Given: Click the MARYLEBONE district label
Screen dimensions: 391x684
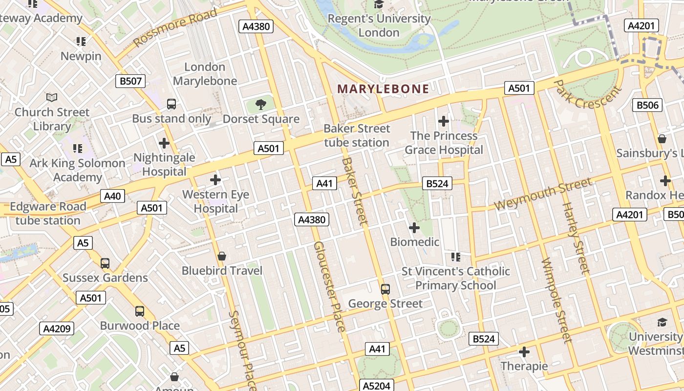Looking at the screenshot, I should [384, 89].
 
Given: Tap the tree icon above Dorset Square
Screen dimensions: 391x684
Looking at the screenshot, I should [261, 104].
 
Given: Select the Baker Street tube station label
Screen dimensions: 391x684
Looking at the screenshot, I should [357, 135].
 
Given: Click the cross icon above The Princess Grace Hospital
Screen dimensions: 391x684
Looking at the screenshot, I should [444, 121].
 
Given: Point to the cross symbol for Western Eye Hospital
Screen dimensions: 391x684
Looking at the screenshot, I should [215, 180].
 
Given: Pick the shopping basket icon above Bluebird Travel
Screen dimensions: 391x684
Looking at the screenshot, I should [222, 256].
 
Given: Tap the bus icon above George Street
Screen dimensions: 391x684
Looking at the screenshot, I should [385, 289].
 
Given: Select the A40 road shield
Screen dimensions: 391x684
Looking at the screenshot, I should [112, 196].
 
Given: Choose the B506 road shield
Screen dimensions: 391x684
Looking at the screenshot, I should [648, 105].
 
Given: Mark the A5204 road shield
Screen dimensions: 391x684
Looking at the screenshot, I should [377, 386].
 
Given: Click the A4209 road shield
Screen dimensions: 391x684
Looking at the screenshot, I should [57, 328].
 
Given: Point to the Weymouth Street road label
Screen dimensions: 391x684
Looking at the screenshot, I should [543, 194].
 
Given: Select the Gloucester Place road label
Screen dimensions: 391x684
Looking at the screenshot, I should [330, 286].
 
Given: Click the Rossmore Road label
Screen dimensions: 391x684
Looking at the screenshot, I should [175, 28].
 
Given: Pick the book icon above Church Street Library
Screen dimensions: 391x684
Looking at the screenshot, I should [52, 97].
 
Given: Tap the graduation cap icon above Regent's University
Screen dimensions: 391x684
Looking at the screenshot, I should [379, 4].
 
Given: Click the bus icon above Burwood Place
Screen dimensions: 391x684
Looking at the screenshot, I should [140, 311].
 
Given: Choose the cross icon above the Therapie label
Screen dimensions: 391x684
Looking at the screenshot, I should [524, 351].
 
